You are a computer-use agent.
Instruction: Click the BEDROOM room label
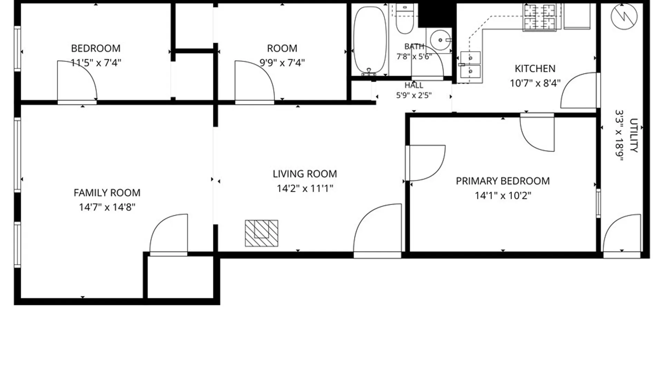tap(96, 48)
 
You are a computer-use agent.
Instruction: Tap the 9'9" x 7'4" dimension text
tap(282, 63)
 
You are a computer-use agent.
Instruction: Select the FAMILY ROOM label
tap(107, 193)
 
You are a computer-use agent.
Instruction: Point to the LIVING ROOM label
tap(305, 174)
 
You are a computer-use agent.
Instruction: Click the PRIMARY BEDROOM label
tap(503, 181)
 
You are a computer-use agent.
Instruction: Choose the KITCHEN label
tap(535, 69)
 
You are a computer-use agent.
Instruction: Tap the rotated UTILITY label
tap(634, 135)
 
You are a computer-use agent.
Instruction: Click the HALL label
tap(414, 85)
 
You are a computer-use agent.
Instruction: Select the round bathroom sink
tap(441, 40)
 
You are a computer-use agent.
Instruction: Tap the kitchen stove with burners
tap(540, 17)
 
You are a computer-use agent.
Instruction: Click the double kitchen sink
tap(470, 65)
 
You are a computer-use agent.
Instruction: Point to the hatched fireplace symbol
tap(261, 233)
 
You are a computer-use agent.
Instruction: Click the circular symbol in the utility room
tap(624, 17)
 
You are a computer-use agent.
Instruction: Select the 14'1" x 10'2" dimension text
tap(503, 196)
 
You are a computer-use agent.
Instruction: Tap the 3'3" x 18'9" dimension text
tap(619, 135)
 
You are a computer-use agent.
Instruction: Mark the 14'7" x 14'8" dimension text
tap(107, 207)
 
